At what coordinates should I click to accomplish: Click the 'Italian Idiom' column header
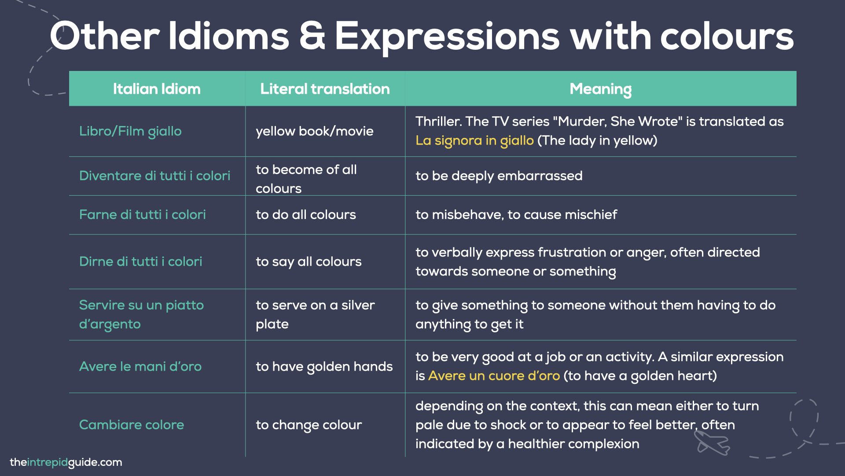[x=157, y=89]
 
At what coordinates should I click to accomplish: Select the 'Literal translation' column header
[x=325, y=89]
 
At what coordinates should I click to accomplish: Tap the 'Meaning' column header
[x=600, y=89]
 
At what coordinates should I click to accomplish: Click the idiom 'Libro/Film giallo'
[x=130, y=131]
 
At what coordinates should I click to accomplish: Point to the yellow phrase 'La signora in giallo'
[x=474, y=141]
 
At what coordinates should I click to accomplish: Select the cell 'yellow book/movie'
[x=314, y=131]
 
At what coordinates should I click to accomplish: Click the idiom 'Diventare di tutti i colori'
[x=154, y=176]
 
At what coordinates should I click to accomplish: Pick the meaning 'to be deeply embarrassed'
[x=499, y=176]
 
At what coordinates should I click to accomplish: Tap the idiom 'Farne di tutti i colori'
[x=142, y=215]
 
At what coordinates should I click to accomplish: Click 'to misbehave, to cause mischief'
[x=516, y=215]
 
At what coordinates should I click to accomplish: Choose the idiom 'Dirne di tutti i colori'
[x=140, y=262]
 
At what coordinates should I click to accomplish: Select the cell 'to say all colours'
[x=309, y=262]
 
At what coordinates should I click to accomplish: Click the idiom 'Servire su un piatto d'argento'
[x=141, y=314]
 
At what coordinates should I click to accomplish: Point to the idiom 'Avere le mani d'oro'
[x=140, y=367]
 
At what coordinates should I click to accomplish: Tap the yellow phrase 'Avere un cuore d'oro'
[x=494, y=376]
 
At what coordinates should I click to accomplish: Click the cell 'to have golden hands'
[x=324, y=367]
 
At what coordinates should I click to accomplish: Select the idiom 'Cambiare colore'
[x=131, y=425]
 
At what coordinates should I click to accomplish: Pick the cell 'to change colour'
[x=309, y=425]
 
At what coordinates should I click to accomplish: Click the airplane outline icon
[x=712, y=443]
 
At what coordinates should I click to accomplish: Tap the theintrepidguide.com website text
[x=66, y=462]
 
